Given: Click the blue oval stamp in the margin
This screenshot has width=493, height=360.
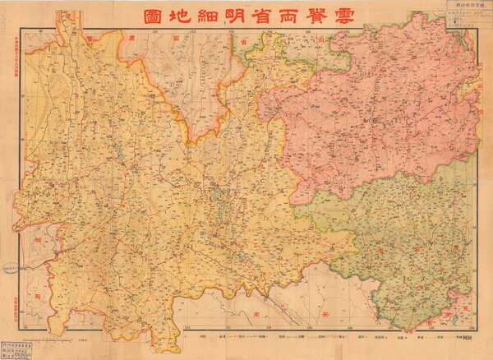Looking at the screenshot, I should coord(11,269).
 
